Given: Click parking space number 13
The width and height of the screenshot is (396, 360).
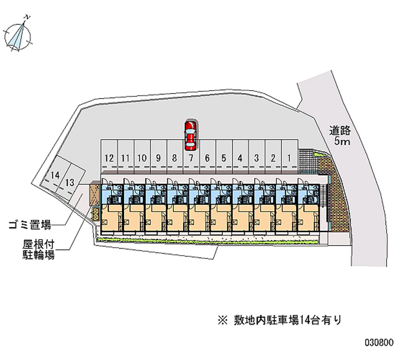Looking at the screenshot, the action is (x=70, y=182).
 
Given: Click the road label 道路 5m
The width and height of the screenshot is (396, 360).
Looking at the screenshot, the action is (x=341, y=136).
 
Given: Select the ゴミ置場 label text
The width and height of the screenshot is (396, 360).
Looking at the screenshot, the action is (x=30, y=225).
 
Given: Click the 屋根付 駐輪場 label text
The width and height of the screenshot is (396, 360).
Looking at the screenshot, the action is (x=38, y=250).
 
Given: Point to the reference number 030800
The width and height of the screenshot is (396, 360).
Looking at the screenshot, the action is (x=379, y=342).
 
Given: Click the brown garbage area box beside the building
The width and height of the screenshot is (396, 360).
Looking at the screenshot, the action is (x=94, y=195).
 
